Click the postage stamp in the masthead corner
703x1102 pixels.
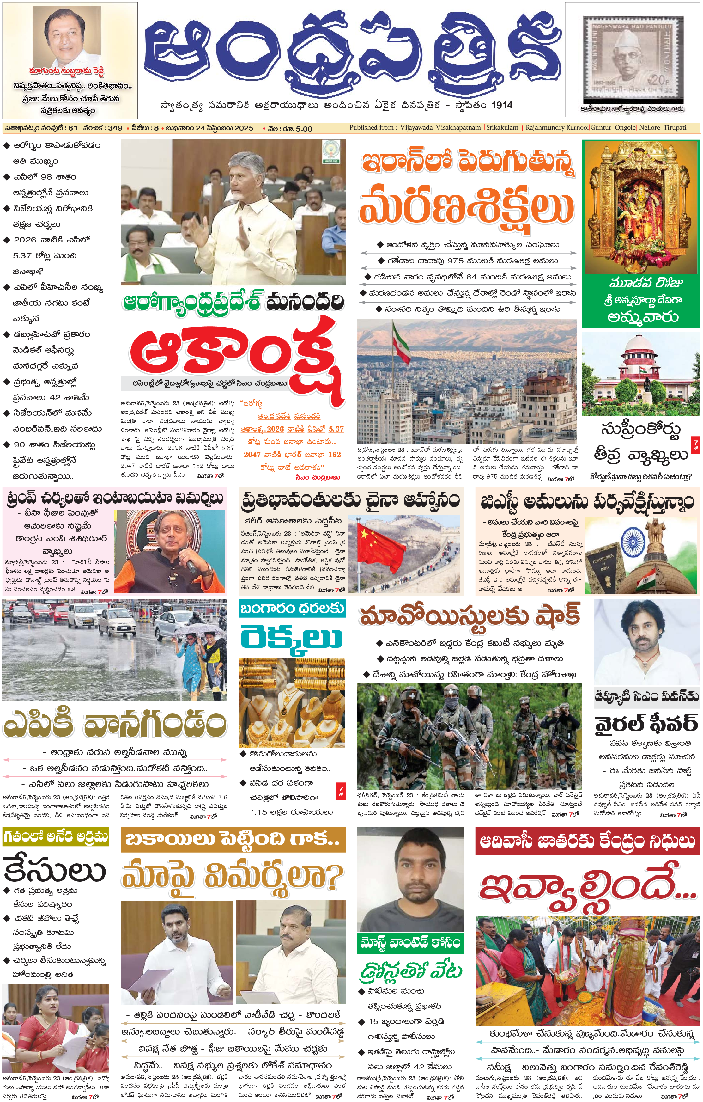click(x=633, y=58)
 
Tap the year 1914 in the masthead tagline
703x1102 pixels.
click(x=502, y=105)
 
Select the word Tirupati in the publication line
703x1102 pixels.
click(x=675, y=128)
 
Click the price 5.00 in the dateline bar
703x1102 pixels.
click(x=304, y=129)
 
